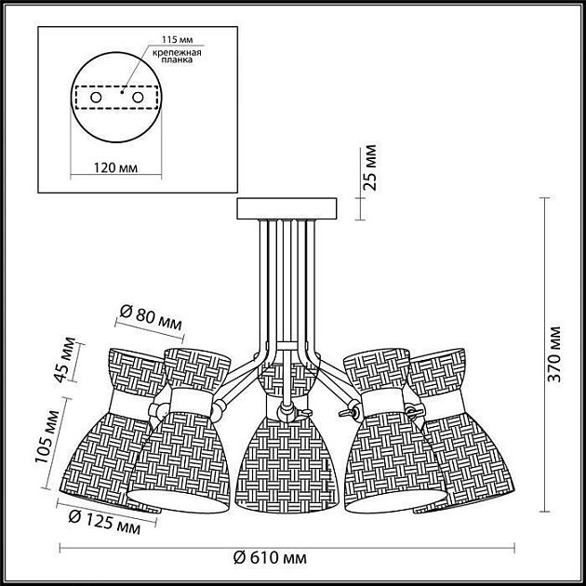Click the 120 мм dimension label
click(115, 167)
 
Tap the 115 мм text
click(177, 40)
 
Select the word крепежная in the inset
click(177, 53)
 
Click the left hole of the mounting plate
click(96, 98)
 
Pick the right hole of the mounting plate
click(138, 98)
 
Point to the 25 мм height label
click(371, 167)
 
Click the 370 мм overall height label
click(554, 354)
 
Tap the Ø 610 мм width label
click(270, 558)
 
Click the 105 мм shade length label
click(47, 436)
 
